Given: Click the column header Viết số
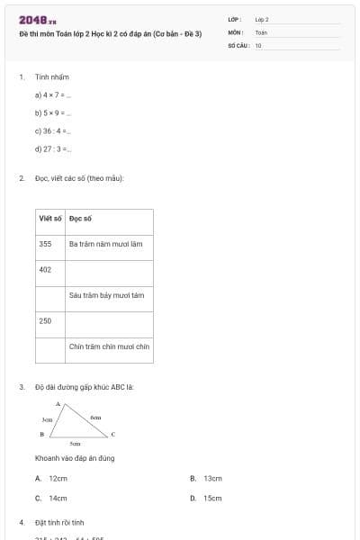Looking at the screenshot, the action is [x=50, y=219].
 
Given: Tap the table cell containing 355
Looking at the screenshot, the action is [x=46, y=244].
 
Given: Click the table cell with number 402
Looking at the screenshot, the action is [x=46, y=269].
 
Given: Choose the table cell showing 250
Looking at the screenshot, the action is [x=46, y=320].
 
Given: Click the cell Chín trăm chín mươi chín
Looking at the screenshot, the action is [x=109, y=346].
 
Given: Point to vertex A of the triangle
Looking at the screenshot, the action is [x=58, y=405].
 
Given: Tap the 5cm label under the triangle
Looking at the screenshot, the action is [x=76, y=444].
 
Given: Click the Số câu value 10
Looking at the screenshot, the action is [x=258, y=44].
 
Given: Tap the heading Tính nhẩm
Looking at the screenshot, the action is [x=52, y=77].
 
